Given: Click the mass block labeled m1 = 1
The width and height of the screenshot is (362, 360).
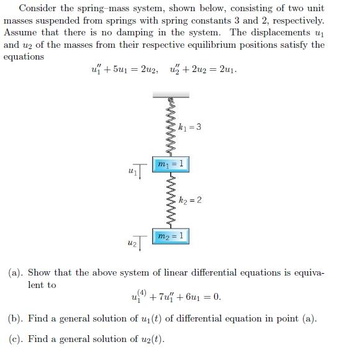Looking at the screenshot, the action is pyautogui.click(x=170, y=164).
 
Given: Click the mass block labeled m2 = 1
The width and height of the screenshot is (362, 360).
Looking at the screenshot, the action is pyautogui.click(x=170, y=236).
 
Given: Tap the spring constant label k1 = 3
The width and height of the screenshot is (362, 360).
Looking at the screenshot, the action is pyautogui.click(x=189, y=128).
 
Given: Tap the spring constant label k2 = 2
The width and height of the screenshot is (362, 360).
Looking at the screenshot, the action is pyautogui.click(x=189, y=200).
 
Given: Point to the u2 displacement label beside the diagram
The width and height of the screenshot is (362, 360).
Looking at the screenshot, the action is pyautogui.click(x=131, y=241).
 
